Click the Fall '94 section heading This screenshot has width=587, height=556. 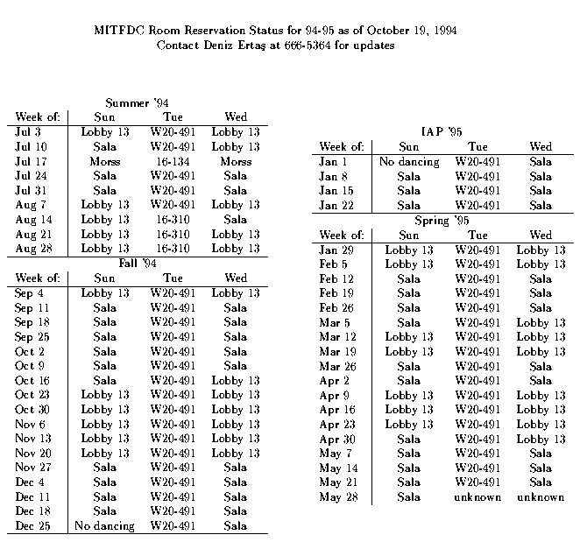click(140, 263)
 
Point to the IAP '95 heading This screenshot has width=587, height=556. click(442, 131)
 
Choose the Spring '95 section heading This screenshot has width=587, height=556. click(442, 221)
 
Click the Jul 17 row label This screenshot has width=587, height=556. click(32, 161)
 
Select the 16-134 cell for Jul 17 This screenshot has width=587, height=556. click(172, 161)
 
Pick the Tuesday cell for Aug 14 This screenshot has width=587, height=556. click(172, 219)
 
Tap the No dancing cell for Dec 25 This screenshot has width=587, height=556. click(104, 525)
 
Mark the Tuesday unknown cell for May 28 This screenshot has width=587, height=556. click(477, 497)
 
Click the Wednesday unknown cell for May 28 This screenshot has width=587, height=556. click(541, 497)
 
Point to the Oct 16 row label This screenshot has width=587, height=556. click(32, 380)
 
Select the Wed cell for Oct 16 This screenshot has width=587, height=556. click(236, 380)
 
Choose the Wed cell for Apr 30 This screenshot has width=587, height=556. click(541, 439)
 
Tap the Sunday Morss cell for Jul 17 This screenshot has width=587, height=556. click(104, 161)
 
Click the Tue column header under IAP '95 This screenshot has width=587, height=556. click(477, 147)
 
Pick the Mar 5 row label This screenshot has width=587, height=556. click(335, 322)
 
